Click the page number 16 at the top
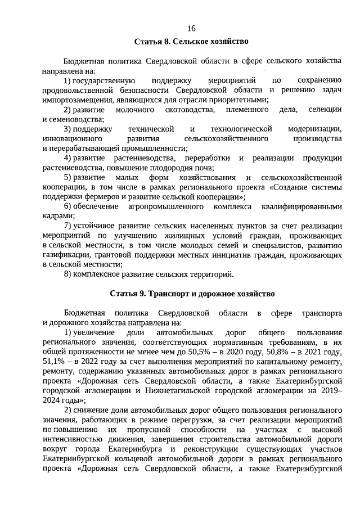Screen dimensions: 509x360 [191, 29]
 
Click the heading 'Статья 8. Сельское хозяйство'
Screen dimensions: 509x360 [191, 42]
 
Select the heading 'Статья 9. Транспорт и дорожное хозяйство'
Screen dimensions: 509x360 [191, 294]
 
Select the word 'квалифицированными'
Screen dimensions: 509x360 [307, 207]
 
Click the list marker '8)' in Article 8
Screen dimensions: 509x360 [67, 274]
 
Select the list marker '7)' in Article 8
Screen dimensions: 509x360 [67, 226]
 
